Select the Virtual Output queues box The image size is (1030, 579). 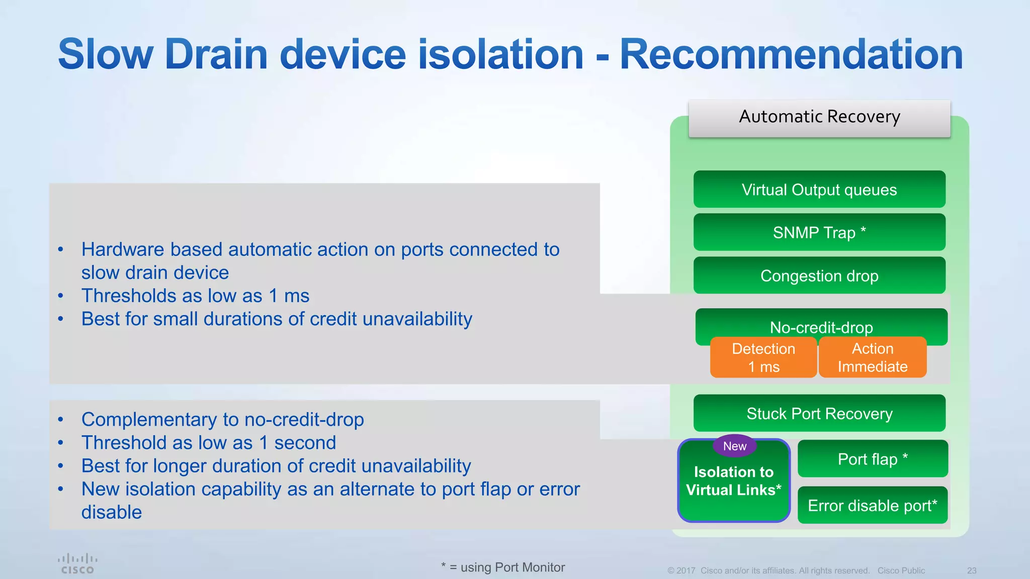[819, 189]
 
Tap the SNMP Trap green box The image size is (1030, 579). [819, 233]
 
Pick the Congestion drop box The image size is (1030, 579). [819, 275]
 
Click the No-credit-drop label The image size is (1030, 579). [821, 327]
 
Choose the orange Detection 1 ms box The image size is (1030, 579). [763, 357]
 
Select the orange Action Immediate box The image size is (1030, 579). [873, 357]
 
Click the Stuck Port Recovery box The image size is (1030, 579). [819, 413]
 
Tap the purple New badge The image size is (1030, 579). [734, 446]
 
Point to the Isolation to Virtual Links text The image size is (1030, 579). [734, 481]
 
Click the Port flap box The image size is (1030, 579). [873, 459]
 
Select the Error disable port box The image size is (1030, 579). [873, 505]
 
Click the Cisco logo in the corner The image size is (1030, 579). [77, 563]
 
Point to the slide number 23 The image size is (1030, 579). [972, 570]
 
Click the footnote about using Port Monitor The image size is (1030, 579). [503, 567]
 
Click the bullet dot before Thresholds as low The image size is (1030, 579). [60, 296]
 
